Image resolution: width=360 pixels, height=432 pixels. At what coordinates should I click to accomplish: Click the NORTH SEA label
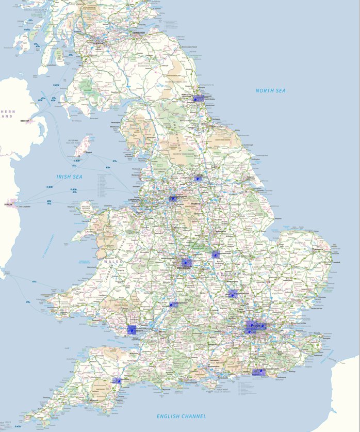click(x=270, y=91)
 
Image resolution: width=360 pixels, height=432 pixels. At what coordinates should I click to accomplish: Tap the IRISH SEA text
click(x=70, y=177)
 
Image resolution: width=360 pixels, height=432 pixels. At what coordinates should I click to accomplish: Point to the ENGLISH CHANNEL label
click(x=181, y=416)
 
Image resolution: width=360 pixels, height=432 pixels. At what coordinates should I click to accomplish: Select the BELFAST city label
click(x=25, y=121)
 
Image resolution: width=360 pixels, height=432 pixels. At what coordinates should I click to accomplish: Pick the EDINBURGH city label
click(x=139, y=33)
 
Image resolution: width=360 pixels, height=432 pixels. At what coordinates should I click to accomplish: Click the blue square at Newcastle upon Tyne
click(x=198, y=98)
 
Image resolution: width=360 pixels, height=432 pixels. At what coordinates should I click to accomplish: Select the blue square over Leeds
click(x=200, y=177)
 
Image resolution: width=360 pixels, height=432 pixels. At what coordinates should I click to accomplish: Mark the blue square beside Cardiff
click(x=132, y=330)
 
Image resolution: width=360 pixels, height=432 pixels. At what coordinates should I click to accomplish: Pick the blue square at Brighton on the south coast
click(x=258, y=372)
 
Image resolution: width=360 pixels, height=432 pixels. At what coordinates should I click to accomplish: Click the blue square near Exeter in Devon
click(x=118, y=380)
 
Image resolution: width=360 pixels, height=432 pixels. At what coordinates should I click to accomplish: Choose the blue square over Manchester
click(x=173, y=198)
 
